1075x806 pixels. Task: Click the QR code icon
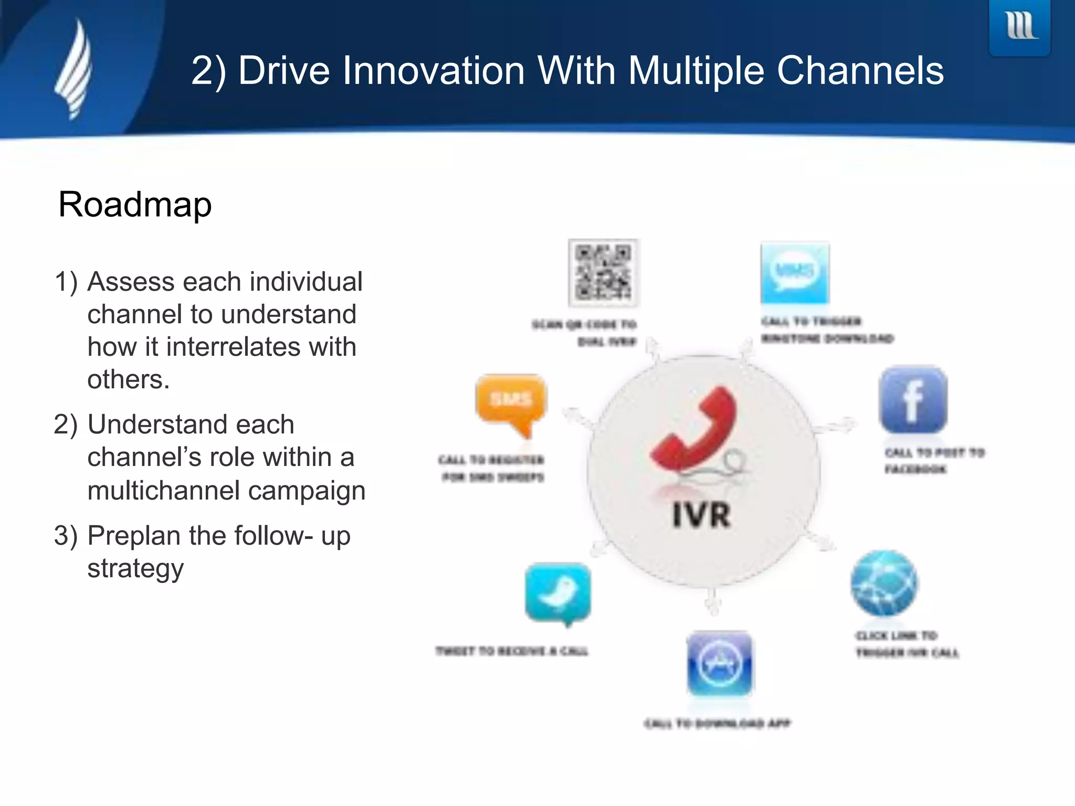(603, 273)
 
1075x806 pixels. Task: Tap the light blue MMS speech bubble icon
(795, 273)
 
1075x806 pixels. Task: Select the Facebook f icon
(913, 400)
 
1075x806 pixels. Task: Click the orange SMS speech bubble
(511, 402)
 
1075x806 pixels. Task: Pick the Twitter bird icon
(558, 593)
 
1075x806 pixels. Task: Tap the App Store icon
(720, 664)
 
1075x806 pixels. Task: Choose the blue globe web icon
(884, 583)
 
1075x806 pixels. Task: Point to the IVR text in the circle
(701, 515)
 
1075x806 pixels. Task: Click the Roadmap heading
(135, 204)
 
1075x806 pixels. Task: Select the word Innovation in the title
(434, 70)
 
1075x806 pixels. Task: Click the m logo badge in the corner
(1019, 26)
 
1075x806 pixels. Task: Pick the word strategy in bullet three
(135, 568)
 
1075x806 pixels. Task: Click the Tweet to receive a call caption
(512, 651)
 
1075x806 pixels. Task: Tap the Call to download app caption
(717, 724)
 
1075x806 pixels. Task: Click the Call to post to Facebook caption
(934, 460)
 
